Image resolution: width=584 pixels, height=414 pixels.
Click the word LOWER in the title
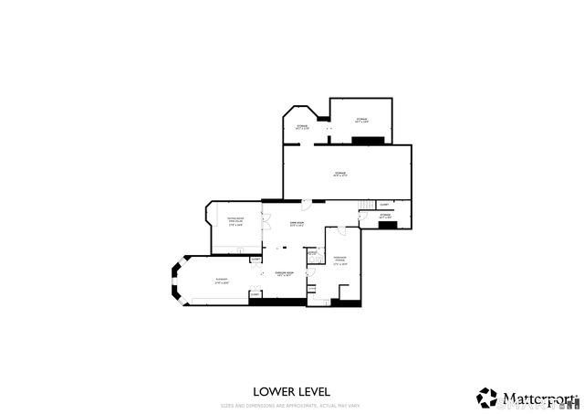[272, 392]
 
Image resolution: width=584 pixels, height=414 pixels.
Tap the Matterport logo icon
[486, 398]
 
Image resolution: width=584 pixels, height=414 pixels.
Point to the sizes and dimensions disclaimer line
[291, 404]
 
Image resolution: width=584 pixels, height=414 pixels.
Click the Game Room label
[296, 224]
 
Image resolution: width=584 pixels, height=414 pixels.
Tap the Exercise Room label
[284, 274]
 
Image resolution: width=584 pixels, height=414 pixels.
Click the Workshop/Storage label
[340, 259]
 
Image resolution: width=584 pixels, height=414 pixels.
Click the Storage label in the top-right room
[361, 120]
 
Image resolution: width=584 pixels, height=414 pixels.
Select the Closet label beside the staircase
[384, 204]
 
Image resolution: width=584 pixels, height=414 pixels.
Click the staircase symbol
[365, 204]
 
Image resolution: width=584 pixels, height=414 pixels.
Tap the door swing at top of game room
[308, 203]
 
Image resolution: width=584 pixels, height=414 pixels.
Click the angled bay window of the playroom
[177, 281]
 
